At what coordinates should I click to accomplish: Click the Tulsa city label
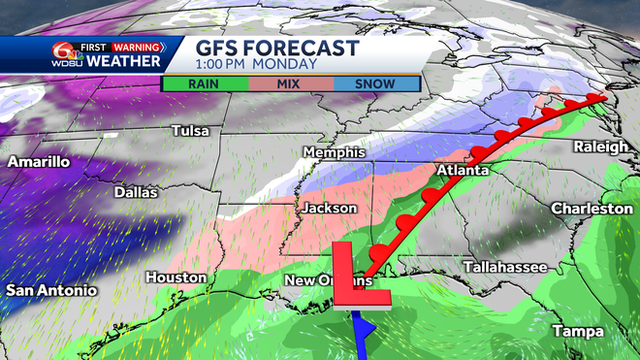pyautogui.click(x=191, y=130)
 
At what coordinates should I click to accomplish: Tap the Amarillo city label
pyautogui.click(x=38, y=161)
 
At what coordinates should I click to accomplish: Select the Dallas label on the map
pyautogui.click(x=135, y=192)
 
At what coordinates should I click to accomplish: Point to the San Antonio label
pyautogui.click(x=51, y=290)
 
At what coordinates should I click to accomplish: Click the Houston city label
pyautogui.click(x=176, y=278)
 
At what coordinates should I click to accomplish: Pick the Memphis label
pyautogui.click(x=334, y=153)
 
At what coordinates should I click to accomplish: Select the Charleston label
pyautogui.click(x=592, y=209)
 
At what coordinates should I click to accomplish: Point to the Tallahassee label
pyautogui.click(x=504, y=266)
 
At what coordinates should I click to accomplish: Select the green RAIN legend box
pyautogui.click(x=203, y=83)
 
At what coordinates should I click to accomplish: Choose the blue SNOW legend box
pyautogui.click(x=375, y=83)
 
